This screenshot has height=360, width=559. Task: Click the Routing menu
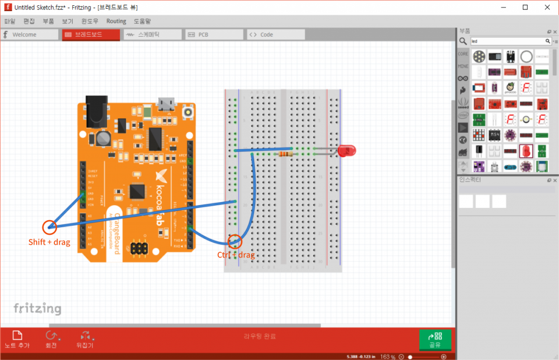click(116, 21)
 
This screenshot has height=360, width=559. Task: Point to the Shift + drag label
click(49, 242)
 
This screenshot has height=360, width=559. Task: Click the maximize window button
click(525, 7)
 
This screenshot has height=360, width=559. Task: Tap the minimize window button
click(504, 7)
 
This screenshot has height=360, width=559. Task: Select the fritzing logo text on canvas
click(37, 308)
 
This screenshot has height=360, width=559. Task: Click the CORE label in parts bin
click(463, 54)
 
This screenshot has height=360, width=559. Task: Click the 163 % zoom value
click(388, 357)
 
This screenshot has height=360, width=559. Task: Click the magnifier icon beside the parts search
click(463, 41)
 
